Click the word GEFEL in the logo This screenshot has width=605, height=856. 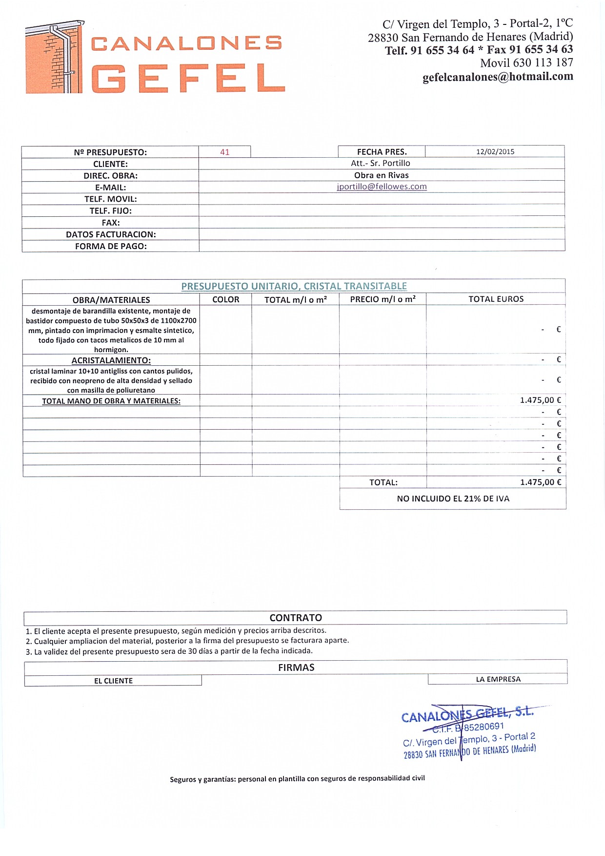click(x=188, y=78)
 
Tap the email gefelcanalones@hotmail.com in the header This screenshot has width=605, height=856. click(x=498, y=77)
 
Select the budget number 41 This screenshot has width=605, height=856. click(x=225, y=152)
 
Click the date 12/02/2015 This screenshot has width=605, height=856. click(x=495, y=151)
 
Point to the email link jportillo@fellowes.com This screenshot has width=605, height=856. click(x=382, y=187)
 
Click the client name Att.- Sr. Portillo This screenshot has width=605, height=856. click(x=381, y=163)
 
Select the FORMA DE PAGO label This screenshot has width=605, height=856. click(x=111, y=246)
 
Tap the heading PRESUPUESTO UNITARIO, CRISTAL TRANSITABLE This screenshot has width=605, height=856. click(x=294, y=286)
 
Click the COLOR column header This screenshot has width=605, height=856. click(x=226, y=299)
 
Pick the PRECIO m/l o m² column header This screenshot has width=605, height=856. click(x=383, y=299)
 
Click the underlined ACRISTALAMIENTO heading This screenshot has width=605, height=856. click(x=111, y=360)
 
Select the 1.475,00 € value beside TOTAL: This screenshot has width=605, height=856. click(x=541, y=482)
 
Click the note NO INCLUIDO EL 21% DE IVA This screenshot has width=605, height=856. click(x=453, y=499)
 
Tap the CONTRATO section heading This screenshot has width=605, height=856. click(x=296, y=618)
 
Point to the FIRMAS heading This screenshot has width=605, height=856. click(x=296, y=668)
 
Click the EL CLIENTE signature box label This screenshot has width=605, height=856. click(x=113, y=681)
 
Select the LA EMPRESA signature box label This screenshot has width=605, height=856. click(x=498, y=679)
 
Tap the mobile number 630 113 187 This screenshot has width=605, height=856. click(x=543, y=63)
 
